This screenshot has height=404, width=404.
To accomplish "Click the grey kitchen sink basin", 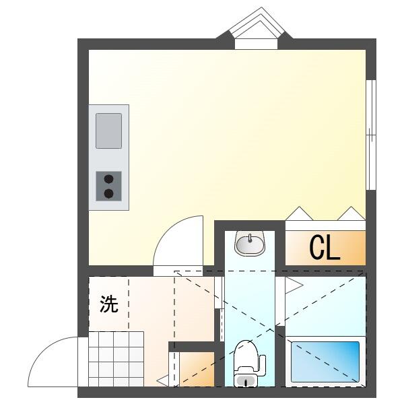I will point(108,131).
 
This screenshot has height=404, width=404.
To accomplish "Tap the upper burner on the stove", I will point(108,180).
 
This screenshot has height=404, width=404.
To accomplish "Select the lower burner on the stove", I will point(108,193).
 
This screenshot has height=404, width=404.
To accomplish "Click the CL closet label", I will point(325,248).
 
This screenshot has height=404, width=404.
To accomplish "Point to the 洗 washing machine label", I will point(109,304).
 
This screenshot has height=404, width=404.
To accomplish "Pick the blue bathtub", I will point(325,362).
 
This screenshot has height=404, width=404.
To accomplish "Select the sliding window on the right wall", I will point(370,135).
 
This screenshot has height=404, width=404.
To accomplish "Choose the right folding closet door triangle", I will point(351,214).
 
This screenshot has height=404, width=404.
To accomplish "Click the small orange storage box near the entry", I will point(196,369).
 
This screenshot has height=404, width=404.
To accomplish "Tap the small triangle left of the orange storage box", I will point(162,382).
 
